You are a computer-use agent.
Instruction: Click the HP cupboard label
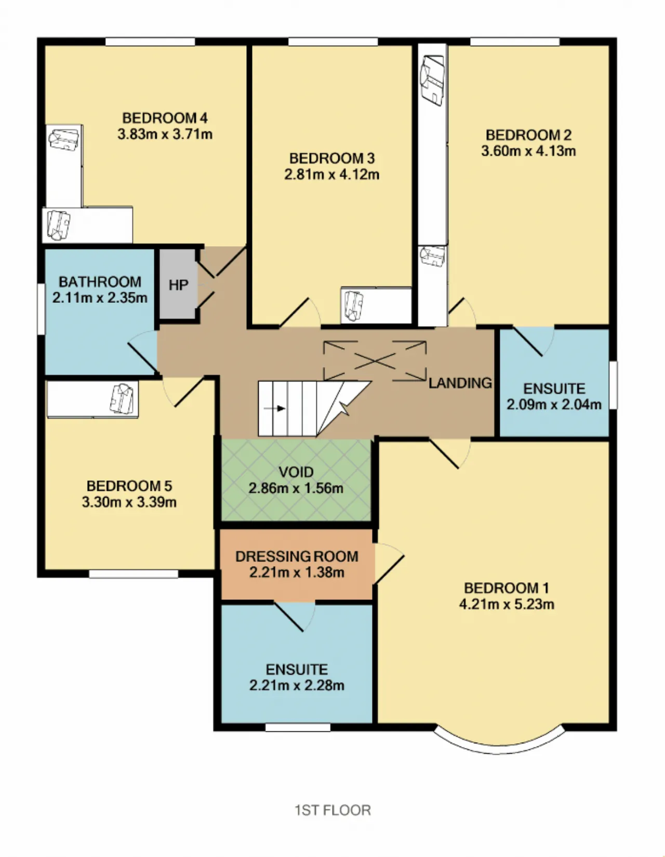(x=178, y=285)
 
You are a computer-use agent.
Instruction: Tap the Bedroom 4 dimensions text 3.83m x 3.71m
(x=165, y=135)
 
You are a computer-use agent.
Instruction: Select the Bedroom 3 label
(x=331, y=158)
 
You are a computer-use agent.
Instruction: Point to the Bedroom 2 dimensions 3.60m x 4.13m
(x=528, y=151)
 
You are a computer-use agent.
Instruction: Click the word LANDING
(x=460, y=383)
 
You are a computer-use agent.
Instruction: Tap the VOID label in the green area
(x=296, y=472)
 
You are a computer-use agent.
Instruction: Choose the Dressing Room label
(x=297, y=556)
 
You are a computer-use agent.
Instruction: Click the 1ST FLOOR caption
(x=332, y=810)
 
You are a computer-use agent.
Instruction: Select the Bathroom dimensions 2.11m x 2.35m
(x=100, y=298)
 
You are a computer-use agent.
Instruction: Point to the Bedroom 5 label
(x=129, y=486)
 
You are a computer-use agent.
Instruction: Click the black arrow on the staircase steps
(x=274, y=408)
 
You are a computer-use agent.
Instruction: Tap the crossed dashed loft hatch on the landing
(x=375, y=361)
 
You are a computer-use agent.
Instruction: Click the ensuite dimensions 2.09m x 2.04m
(x=554, y=405)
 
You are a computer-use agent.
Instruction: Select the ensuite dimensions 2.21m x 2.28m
(x=297, y=685)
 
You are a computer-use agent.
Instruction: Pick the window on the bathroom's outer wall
(x=41, y=309)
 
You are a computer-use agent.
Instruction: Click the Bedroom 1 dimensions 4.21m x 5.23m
(x=507, y=604)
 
